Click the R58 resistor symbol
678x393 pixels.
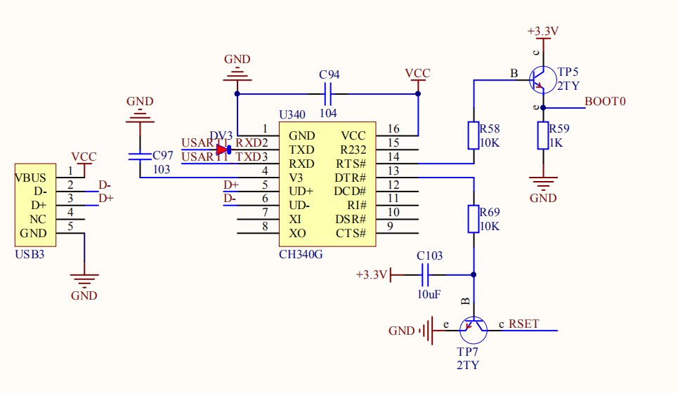[474, 135]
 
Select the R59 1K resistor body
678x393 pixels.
[542, 135]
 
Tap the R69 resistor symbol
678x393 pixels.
[474, 218]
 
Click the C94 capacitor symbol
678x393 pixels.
[327, 93]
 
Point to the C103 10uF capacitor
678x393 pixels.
[425, 274]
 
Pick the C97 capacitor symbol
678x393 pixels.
[140, 156]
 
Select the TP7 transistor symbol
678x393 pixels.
[474, 328]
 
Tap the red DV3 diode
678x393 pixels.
[224, 149]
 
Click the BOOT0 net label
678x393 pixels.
[605, 102]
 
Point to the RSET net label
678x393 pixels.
[524, 324]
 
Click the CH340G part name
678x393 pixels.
[301, 254]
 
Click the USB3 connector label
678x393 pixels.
[30, 254]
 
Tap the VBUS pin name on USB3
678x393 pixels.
[31, 177]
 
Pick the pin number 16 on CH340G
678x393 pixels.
[393, 128]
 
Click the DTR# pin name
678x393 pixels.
[351, 177]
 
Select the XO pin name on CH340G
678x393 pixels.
[297, 233]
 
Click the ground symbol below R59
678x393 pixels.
[542, 185]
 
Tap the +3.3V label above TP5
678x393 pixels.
[542, 32]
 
